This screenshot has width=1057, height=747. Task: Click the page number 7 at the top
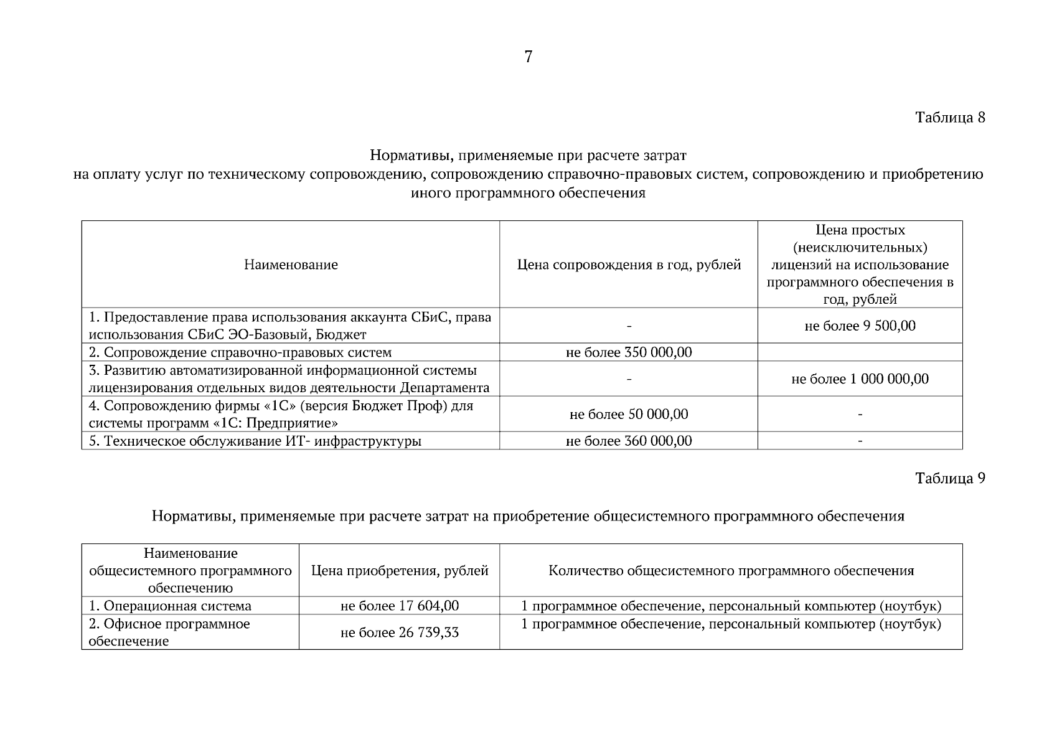(x=528, y=57)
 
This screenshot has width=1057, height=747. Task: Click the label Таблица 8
(x=950, y=117)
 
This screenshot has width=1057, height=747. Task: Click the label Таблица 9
(x=950, y=478)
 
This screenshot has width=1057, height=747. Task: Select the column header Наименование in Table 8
(x=291, y=265)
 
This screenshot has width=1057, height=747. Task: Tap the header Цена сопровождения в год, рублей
(x=629, y=265)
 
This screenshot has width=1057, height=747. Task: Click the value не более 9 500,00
(x=860, y=326)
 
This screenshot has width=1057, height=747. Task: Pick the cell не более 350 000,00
(x=629, y=352)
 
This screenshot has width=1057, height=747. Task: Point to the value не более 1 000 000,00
(x=860, y=378)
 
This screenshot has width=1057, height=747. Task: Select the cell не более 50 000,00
(x=629, y=414)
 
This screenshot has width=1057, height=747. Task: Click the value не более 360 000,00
(x=629, y=441)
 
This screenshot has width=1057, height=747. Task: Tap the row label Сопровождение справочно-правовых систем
(x=247, y=352)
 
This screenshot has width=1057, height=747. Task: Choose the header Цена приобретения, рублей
(x=399, y=570)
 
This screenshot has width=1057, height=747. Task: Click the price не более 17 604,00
(x=399, y=606)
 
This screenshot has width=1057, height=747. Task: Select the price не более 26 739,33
(x=399, y=632)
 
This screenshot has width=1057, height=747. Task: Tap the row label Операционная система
(x=177, y=606)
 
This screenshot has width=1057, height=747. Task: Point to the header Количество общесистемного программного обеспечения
(x=731, y=570)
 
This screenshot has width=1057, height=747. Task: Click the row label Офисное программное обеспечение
(x=169, y=632)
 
